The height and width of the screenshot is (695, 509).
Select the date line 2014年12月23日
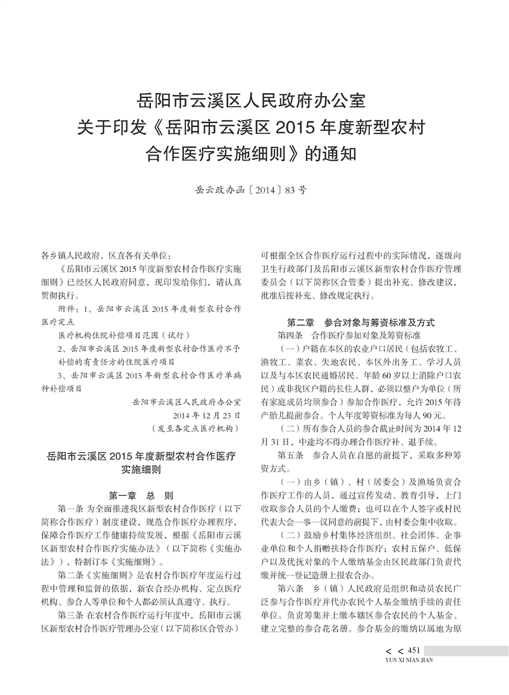point(207,415)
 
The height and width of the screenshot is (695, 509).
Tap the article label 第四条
point(291,333)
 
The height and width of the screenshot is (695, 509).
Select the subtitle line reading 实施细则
point(140,470)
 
